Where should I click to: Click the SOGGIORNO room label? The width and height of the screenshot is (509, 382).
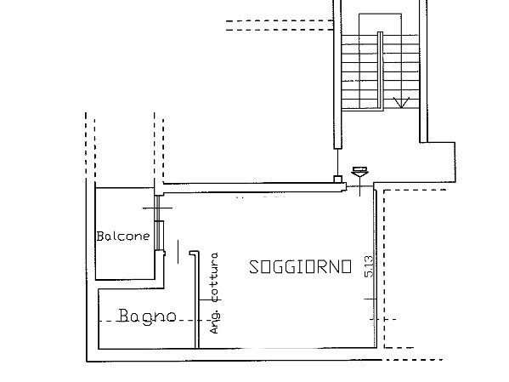pos(299,267)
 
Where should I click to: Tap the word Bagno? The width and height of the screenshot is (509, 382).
pos(147,316)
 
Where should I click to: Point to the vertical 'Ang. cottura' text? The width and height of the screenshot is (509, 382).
pos(214,293)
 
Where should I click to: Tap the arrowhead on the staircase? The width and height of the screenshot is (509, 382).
pos(403,103)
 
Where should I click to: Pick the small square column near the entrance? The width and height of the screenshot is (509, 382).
pos(337,180)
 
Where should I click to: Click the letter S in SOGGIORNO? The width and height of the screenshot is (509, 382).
pos(253,267)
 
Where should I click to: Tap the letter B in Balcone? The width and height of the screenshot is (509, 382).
pos(100,236)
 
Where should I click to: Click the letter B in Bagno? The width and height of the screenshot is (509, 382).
pos(124,316)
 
